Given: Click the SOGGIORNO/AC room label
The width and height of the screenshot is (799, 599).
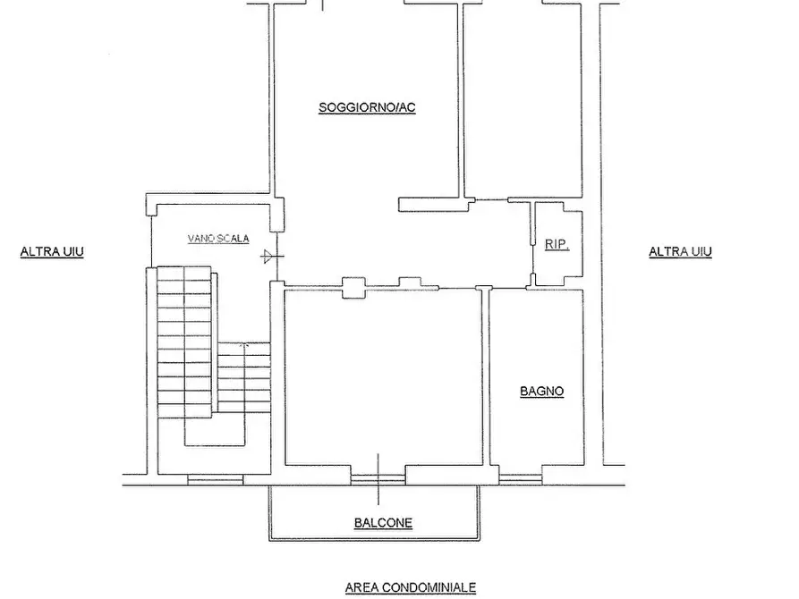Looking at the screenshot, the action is [x=367, y=107].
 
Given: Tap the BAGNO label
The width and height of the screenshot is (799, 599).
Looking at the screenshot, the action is [x=541, y=392].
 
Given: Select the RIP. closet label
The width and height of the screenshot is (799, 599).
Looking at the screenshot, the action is [x=557, y=244].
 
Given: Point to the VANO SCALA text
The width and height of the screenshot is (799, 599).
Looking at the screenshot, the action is [x=218, y=239].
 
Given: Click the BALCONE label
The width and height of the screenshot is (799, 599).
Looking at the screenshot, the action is [x=383, y=523].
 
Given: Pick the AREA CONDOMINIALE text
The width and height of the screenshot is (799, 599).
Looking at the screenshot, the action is [x=411, y=587].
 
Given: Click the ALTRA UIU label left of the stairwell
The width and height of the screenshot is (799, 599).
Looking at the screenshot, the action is [x=52, y=251].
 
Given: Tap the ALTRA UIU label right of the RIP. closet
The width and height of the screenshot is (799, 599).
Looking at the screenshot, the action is [x=680, y=251].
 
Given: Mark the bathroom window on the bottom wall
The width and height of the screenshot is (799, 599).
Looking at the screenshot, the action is [x=520, y=478].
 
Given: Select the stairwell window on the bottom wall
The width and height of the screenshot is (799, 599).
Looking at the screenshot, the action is [x=216, y=479].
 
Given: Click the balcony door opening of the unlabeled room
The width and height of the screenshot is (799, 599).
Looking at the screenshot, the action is [x=378, y=478].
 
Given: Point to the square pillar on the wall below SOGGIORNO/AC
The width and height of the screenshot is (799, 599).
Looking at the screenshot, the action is [x=353, y=288].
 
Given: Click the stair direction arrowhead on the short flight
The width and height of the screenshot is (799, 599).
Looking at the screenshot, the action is [x=244, y=346].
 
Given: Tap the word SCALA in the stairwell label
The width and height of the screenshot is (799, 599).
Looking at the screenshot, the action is [x=233, y=239].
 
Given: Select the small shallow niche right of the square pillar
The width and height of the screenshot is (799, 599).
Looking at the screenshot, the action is [x=409, y=283].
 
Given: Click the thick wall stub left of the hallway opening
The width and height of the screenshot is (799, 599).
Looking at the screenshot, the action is [x=433, y=204].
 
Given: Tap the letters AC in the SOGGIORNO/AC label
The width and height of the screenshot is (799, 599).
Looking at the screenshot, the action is [x=407, y=107].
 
